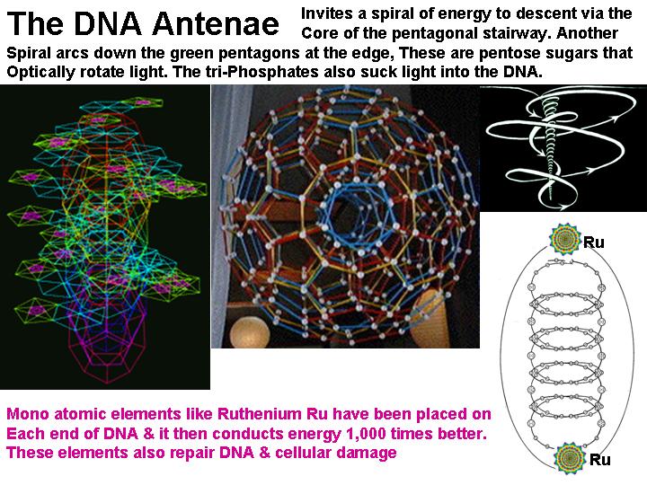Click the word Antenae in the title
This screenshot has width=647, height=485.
pyautogui.click(x=215, y=23)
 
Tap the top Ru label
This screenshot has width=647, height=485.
pyautogui.click(x=593, y=242)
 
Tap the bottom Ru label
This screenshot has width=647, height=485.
pyautogui.click(x=600, y=459)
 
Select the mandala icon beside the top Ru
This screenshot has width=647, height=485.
pyautogui.click(x=564, y=238)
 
